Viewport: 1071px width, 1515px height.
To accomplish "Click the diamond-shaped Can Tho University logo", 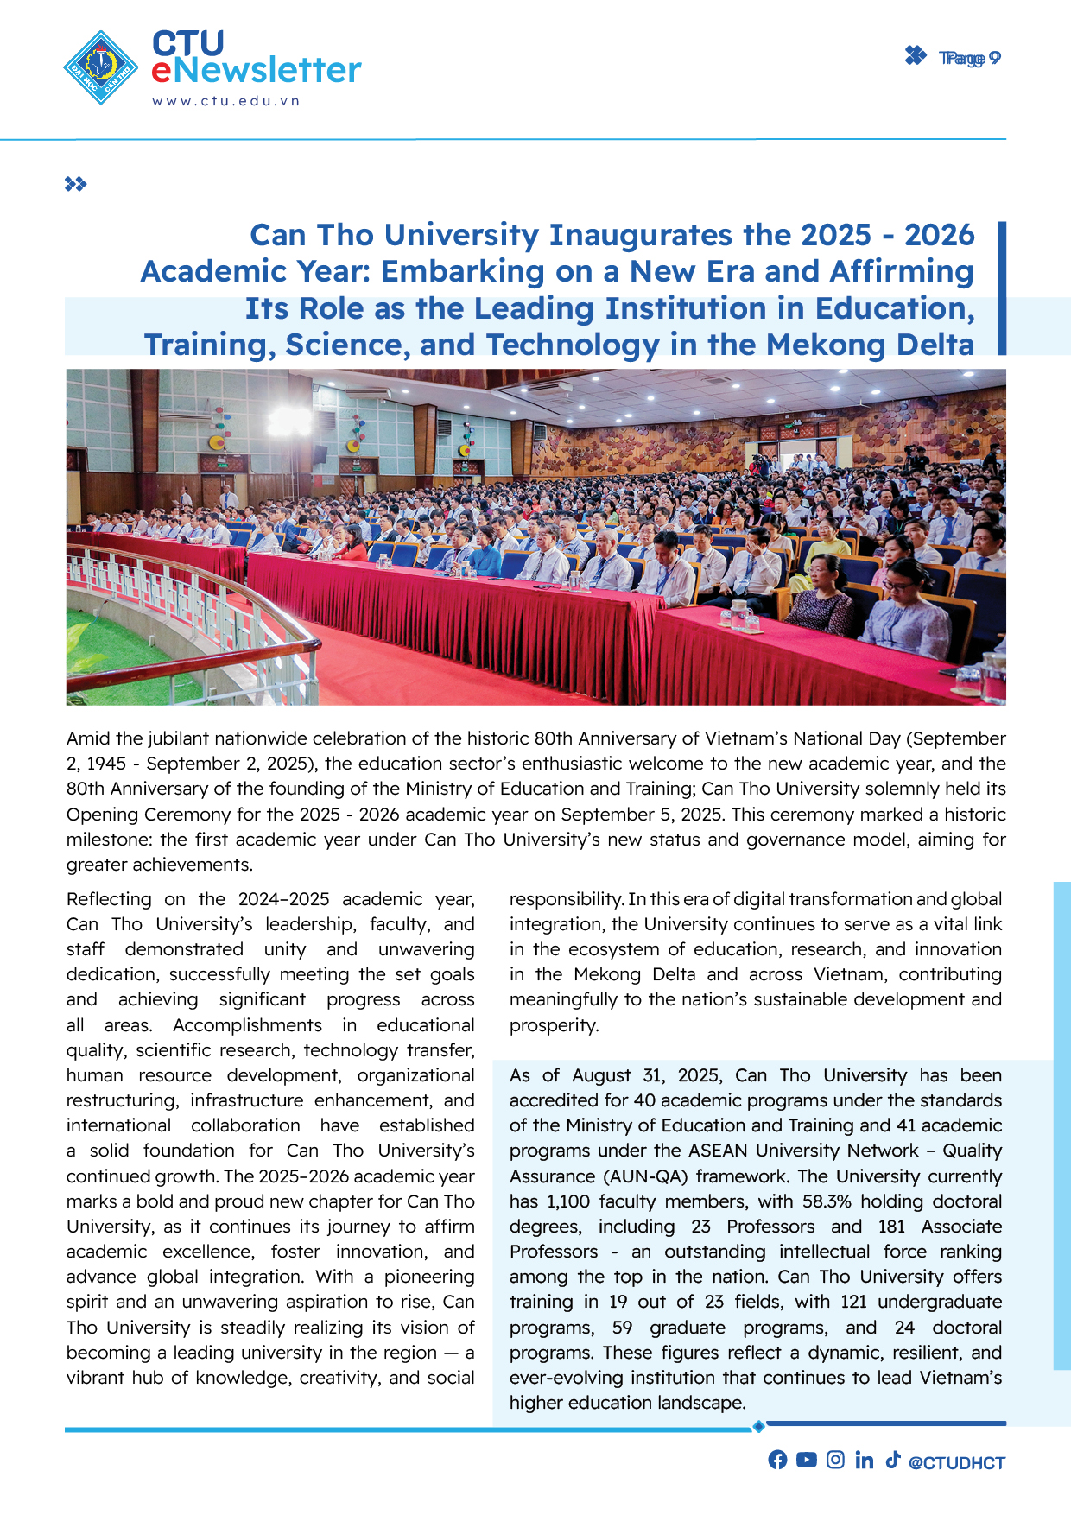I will click(x=101, y=67).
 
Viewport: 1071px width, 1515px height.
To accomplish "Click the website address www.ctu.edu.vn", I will click(x=226, y=101).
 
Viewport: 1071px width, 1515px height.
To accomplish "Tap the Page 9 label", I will click(x=969, y=58).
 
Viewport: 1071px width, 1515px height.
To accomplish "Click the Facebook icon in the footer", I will click(x=777, y=1460).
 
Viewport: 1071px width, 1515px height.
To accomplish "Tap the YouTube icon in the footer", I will click(x=806, y=1460).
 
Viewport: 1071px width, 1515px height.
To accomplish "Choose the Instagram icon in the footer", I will click(x=835, y=1460).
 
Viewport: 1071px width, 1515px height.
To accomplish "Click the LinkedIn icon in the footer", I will click(x=864, y=1460).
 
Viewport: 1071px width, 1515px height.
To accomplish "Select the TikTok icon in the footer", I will click(x=892, y=1460).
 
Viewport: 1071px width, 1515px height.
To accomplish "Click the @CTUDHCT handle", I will click(x=957, y=1462).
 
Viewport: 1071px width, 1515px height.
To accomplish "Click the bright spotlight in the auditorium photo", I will click(x=289, y=422).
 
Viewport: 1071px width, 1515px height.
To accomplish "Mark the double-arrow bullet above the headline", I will click(x=76, y=184).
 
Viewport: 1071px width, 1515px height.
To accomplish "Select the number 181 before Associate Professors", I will click(x=891, y=1227).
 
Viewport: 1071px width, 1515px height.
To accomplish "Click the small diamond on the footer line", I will click(x=758, y=1426).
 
